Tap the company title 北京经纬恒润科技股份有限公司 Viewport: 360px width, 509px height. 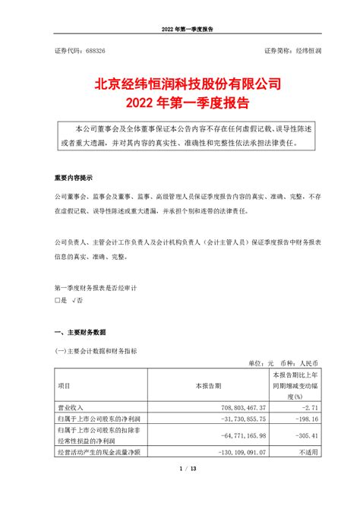coord(179,81)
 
